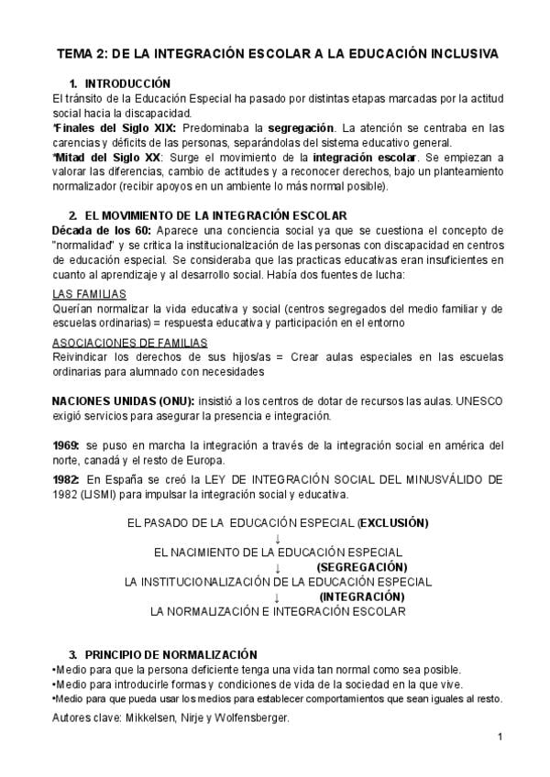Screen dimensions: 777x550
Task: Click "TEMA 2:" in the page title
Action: point(83,54)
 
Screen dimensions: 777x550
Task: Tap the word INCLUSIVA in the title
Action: point(455,54)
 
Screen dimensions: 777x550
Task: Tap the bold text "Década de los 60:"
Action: point(102,228)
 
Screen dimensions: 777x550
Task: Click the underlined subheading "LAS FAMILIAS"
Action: point(89,294)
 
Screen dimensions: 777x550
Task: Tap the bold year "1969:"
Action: point(67,445)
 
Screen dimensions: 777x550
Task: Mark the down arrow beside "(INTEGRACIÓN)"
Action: point(276,596)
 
